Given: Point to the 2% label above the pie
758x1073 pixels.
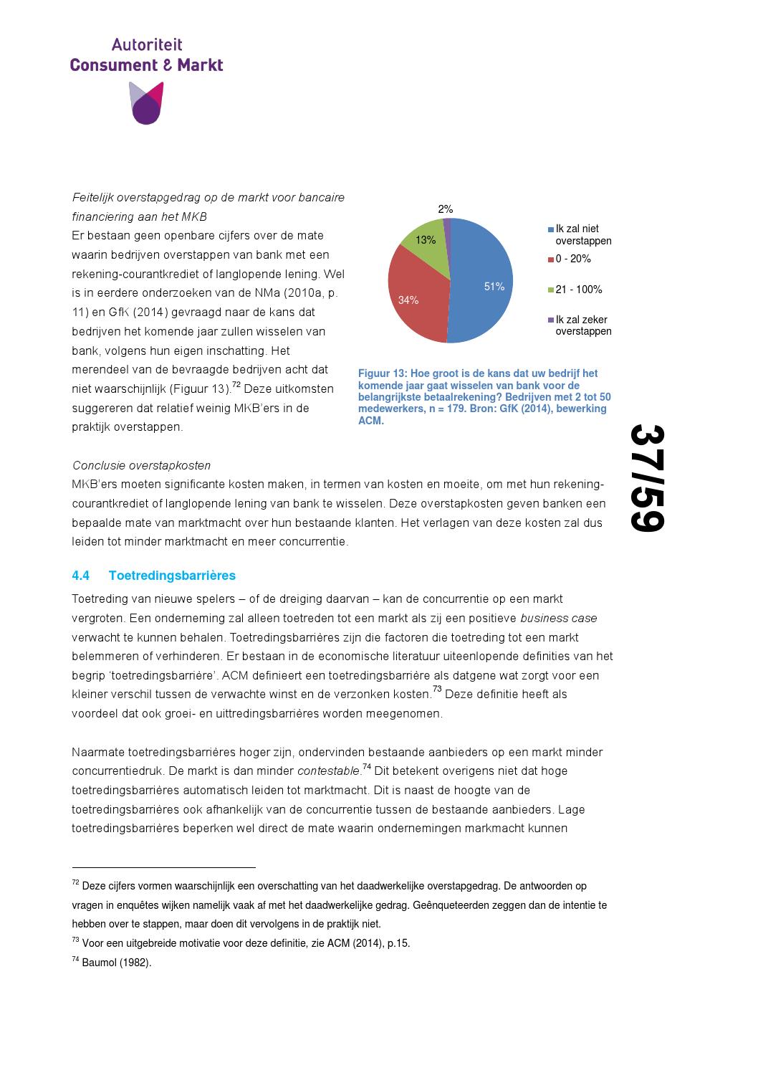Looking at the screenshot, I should coord(446,209).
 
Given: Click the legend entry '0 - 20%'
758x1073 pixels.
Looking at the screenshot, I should coord(572,259).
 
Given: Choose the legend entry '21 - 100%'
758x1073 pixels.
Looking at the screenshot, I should coord(578,290).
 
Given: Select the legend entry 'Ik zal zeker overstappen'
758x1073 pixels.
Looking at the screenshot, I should coord(582,325).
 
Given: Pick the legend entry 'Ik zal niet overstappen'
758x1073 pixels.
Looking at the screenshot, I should coord(582,235).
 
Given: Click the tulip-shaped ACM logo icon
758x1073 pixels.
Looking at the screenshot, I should coord(146,103).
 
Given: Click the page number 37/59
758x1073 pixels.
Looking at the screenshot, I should coord(648,479).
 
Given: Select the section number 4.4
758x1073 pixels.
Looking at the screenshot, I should coord(81,576).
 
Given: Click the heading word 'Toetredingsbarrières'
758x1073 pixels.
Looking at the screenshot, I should coord(172,576).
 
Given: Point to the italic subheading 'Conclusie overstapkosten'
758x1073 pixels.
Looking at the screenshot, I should coord(142,466).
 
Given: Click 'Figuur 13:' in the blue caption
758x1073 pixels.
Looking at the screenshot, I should coord(383,373).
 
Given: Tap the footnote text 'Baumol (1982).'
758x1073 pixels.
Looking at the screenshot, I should coord(117,963).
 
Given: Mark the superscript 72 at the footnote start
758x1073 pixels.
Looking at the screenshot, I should coord(75,884).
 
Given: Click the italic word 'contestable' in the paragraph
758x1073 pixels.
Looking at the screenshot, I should coord(329,771).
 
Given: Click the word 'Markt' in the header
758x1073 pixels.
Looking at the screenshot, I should coord(200,65).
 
